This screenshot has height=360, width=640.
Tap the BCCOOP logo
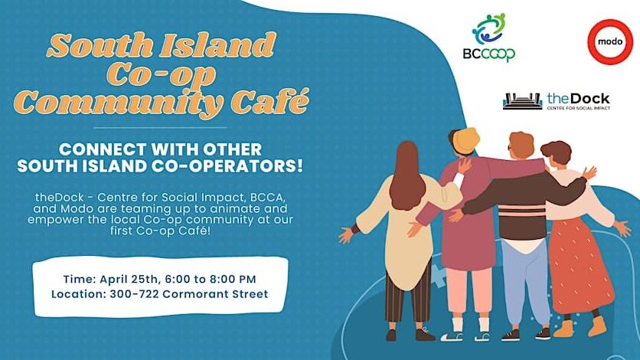tap(488, 38)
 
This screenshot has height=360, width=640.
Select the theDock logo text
tap(578, 101)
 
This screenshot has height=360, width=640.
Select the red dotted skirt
tap(580, 266)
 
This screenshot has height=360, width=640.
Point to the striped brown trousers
tap(409, 295)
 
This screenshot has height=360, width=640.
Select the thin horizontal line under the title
tap(160, 127)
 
